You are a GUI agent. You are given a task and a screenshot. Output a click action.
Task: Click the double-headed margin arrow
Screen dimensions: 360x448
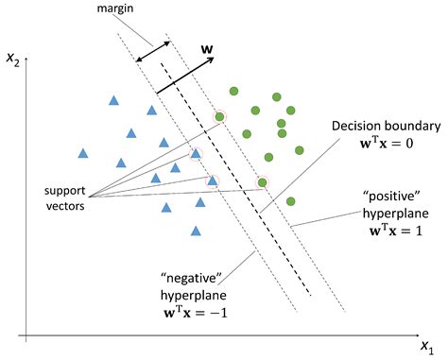153,51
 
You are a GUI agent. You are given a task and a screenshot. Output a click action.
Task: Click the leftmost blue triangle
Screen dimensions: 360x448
82,152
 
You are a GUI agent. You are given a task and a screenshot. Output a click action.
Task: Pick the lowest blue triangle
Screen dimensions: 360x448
196,230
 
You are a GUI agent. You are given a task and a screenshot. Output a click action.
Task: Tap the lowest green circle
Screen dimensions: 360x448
290,200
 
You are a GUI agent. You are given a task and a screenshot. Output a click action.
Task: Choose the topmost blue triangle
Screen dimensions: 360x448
113,99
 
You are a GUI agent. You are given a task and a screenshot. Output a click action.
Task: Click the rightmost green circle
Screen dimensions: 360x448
299,149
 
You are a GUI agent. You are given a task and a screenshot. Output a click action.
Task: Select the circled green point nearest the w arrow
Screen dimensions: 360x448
220,117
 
